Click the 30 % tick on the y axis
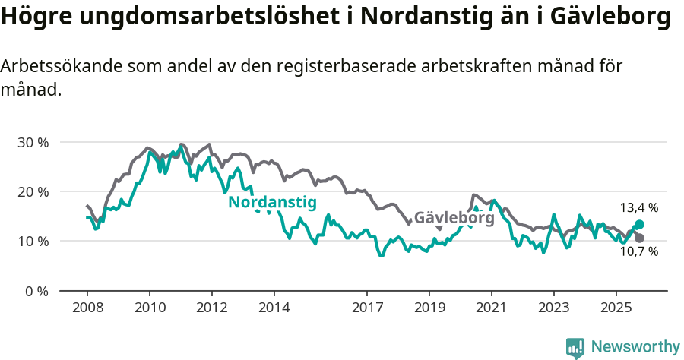click(33, 142)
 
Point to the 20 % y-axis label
click(33, 191)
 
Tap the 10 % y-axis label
click(33, 241)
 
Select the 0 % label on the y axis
click(36, 291)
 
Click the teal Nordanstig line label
click(272, 202)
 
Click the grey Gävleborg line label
click(454, 218)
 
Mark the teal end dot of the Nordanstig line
click(639, 225)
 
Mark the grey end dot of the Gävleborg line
click(639, 238)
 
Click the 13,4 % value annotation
click(639, 207)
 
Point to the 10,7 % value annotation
click(639, 252)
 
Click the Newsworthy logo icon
click(575, 348)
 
